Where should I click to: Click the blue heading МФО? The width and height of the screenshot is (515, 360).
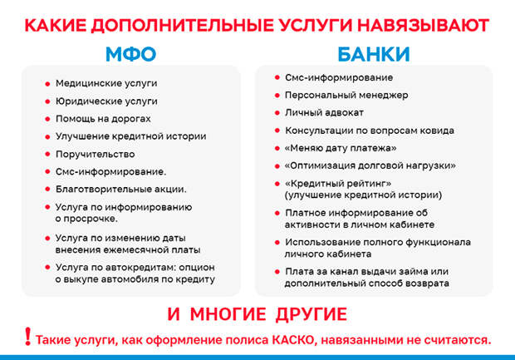coord(130,54)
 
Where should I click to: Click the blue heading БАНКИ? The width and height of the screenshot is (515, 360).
coord(374,54)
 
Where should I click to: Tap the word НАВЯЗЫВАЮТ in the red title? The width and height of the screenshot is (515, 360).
coord(424,25)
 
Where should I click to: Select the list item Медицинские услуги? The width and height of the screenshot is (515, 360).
coord(106,83)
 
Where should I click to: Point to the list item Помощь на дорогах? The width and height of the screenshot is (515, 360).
coord(103,119)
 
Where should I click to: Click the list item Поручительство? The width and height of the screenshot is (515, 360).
coord(96,154)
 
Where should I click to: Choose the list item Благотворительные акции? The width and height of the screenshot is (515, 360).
coord(121,190)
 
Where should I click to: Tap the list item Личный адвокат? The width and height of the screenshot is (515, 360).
coord(324,113)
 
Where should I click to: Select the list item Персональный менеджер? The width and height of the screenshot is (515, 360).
coord(346,96)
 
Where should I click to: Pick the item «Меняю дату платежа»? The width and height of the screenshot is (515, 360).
coord(341,148)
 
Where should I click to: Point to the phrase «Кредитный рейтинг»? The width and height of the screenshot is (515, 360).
coord(338,183)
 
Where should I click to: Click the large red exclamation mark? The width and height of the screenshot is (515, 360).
coord(28,337)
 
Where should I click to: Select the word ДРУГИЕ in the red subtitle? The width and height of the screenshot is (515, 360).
coord(311,314)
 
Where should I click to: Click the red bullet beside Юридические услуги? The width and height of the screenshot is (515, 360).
coord(47,101)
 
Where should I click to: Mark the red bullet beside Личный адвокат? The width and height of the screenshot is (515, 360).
coord(277,113)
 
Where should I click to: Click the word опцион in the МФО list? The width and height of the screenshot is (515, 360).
coord(197,268)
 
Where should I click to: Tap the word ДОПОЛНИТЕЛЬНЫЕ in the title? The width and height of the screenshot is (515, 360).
coord(182,25)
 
